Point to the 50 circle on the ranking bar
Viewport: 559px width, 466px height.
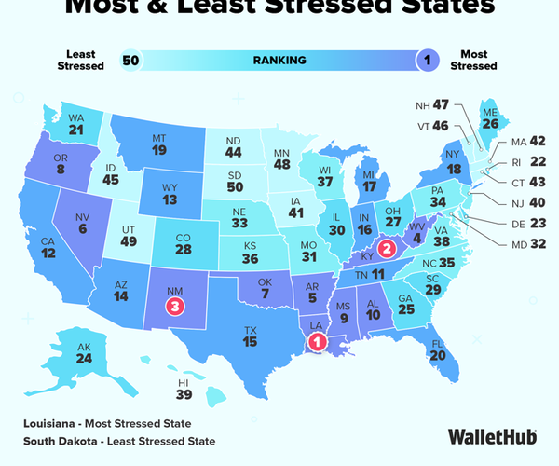pos(131,61)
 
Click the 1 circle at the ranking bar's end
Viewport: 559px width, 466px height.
pos(428,61)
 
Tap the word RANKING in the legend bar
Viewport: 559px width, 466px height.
pos(279,61)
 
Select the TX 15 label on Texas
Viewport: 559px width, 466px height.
pos(250,336)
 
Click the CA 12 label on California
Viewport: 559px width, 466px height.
pos(48,248)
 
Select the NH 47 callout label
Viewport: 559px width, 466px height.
pos(435,105)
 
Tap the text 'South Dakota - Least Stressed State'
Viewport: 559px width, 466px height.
pos(119,440)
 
